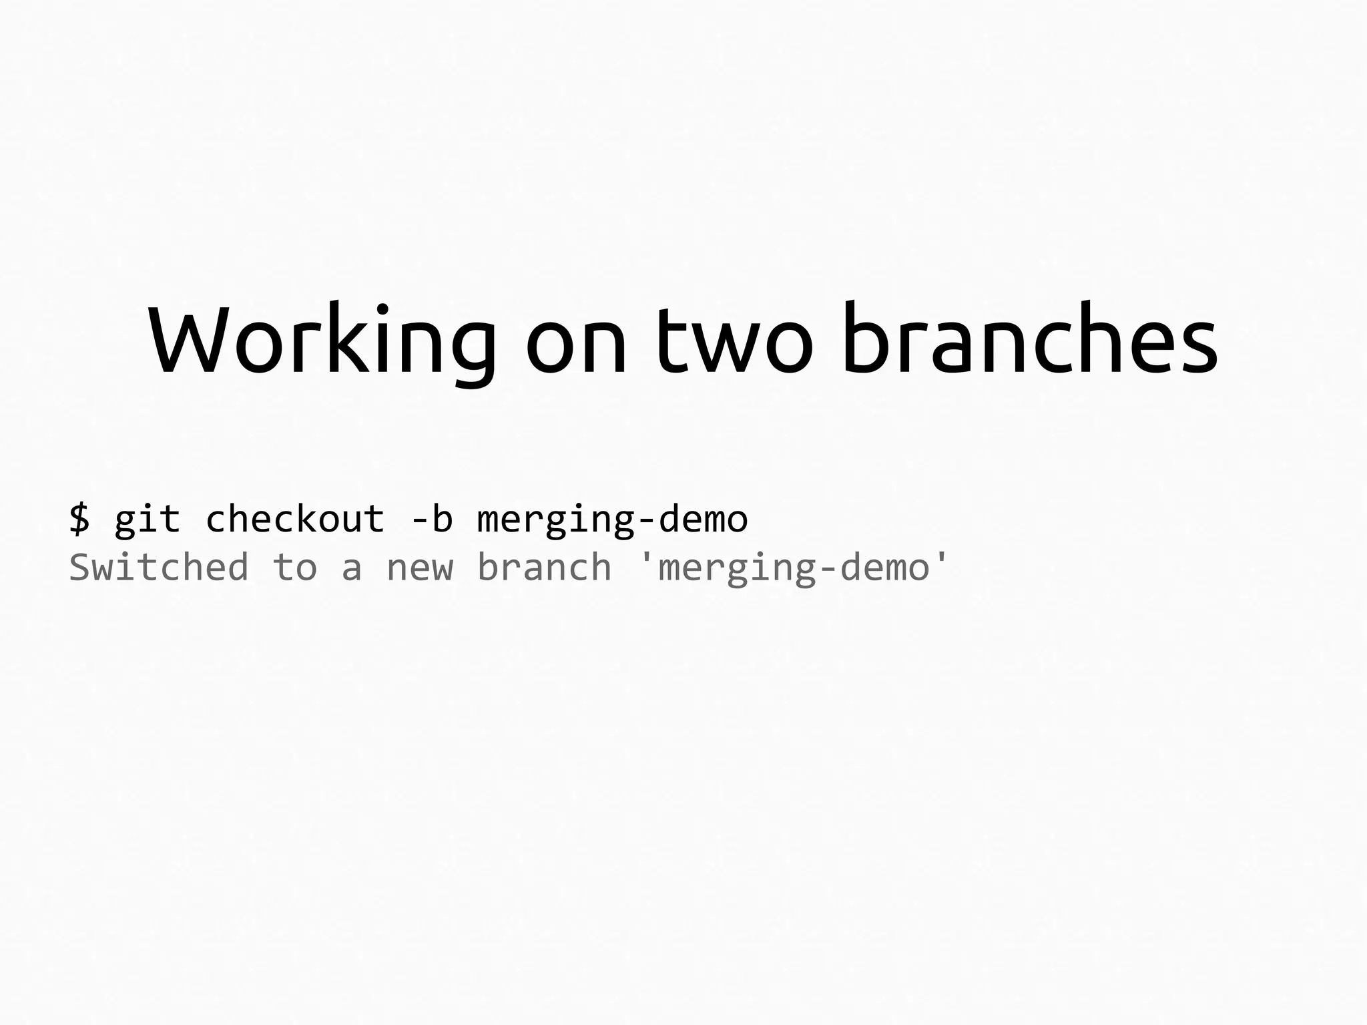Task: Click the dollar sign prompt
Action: pyautogui.click(x=79, y=519)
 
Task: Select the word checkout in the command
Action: pyautogui.click(x=295, y=519)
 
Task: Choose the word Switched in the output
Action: pyautogui.click(x=159, y=568)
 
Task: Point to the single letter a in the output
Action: pyautogui.click(x=352, y=571)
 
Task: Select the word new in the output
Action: pyautogui.click(x=420, y=571)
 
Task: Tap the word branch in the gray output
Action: pyautogui.click(x=544, y=568)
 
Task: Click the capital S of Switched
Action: pyautogui.click(x=80, y=568)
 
